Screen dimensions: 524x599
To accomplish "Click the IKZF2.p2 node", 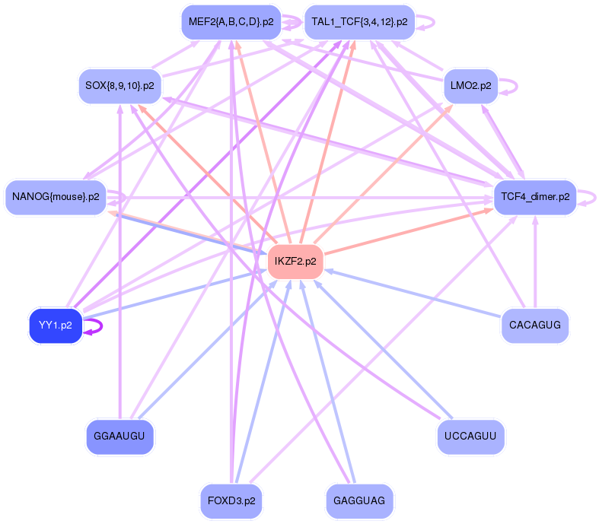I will click(x=295, y=262).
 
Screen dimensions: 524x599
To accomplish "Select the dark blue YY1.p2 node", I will click(x=55, y=326).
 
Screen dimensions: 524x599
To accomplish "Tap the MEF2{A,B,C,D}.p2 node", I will click(x=229, y=22).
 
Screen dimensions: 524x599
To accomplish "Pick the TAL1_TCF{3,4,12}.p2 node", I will click(x=359, y=22).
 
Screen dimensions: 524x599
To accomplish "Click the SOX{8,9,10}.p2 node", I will click(x=120, y=86).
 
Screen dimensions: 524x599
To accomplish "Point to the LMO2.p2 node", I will click(x=470, y=86).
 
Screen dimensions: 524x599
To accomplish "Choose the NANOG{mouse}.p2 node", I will click(x=56, y=198).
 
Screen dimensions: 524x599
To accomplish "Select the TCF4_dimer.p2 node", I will click(x=534, y=198).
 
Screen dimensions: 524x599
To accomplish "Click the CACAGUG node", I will click(x=535, y=326).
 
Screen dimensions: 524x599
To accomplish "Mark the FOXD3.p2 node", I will click(x=231, y=500).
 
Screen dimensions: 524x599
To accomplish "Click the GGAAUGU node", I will click(x=120, y=437).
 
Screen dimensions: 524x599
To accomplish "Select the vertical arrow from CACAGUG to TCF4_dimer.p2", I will click(x=535, y=262).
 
